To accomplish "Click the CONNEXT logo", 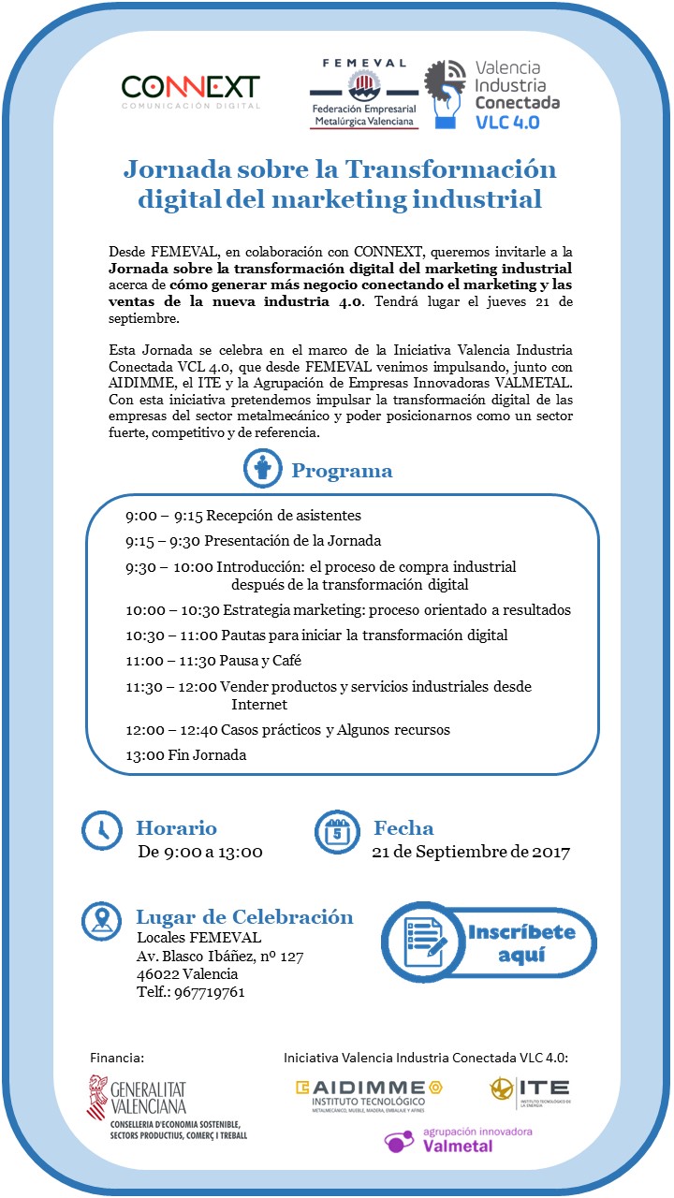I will click(x=190, y=91).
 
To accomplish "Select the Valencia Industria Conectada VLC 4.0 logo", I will click(x=492, y=95).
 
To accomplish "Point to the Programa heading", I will click(x=342, y=471).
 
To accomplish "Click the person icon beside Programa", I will click(x=262, y=469).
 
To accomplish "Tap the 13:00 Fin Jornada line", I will click(x=186, y=754).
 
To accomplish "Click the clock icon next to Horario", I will click(x=102, y=829).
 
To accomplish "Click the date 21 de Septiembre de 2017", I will click(x=470, y=852).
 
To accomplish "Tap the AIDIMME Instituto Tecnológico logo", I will click(x=368, y=1095).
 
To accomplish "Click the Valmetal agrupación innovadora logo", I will click(x=459, y=1141).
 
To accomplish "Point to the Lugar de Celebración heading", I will click(x=244, y=917).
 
